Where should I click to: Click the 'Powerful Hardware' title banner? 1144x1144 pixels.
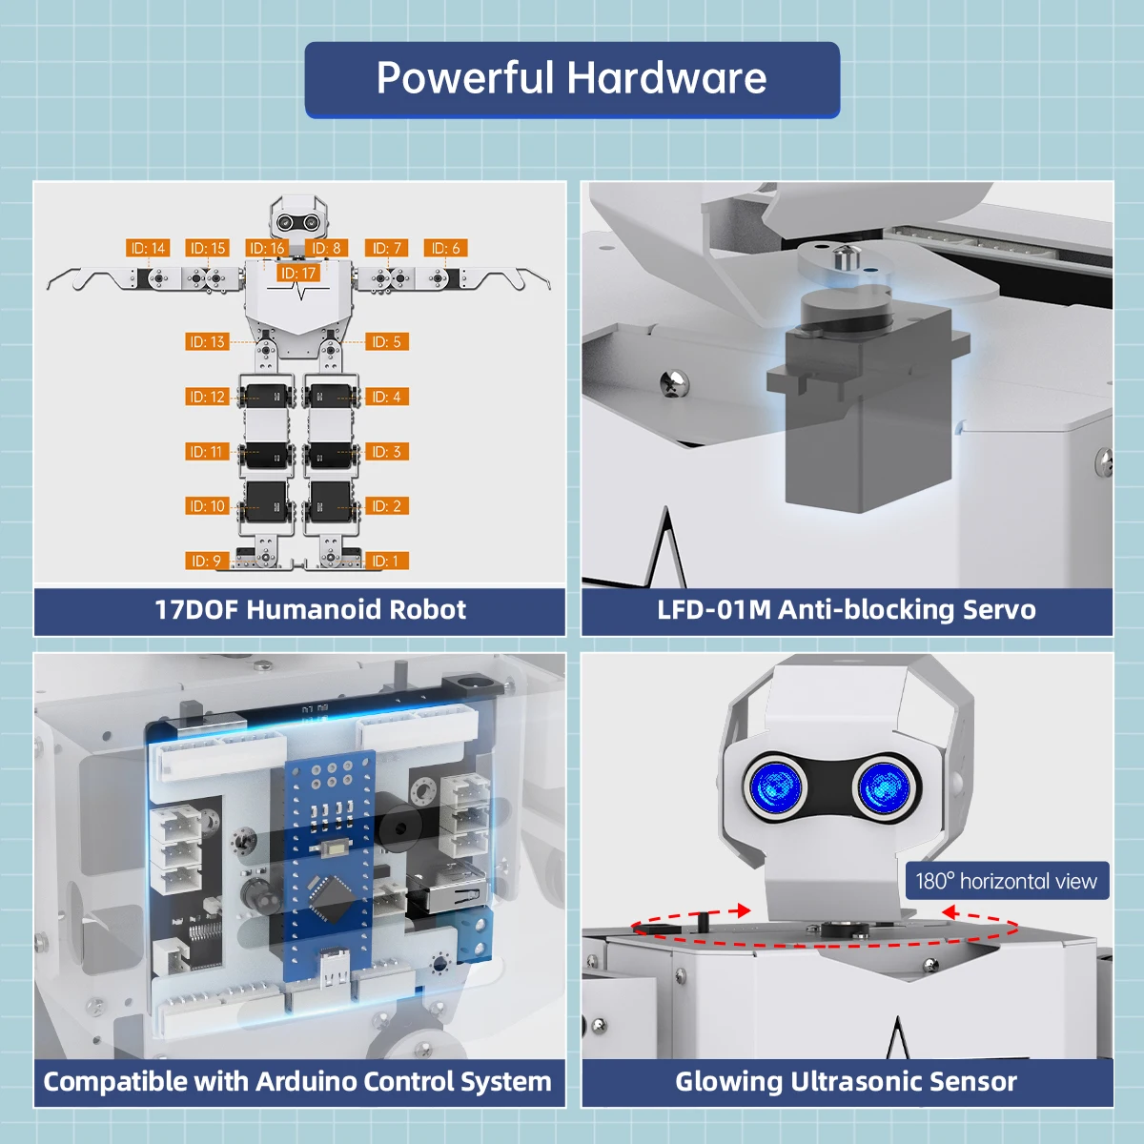click(x=572, y=79)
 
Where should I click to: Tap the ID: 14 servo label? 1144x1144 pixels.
click(x=148, y=248)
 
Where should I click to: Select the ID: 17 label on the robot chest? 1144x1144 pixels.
click(x=298, y=274)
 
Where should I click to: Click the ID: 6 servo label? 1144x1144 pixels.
click(x=445, y=248)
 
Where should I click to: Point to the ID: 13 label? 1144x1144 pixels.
click(x=207, y=341)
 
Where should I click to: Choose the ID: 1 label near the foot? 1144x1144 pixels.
click(x=386, y=562)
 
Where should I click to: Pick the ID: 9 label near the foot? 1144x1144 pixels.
click(x=206, y=562)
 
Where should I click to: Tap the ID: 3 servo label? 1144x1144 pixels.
click(x=386, y=451)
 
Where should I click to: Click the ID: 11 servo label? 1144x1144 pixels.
click(x=206, y=451)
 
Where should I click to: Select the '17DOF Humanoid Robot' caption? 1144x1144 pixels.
click(x=310, y=610)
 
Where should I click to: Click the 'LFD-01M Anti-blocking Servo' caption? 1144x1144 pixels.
click(x=847, y=610)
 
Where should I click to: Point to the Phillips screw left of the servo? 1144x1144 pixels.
click(x=674, y=383)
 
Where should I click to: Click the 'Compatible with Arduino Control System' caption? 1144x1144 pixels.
click(x=297, y=1082)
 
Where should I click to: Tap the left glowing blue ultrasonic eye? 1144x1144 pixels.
click(x=774, y=787)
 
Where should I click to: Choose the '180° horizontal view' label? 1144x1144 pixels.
click(x=1007, y=881)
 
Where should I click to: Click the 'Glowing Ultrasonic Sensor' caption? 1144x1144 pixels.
click(x=847, y=1082)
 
